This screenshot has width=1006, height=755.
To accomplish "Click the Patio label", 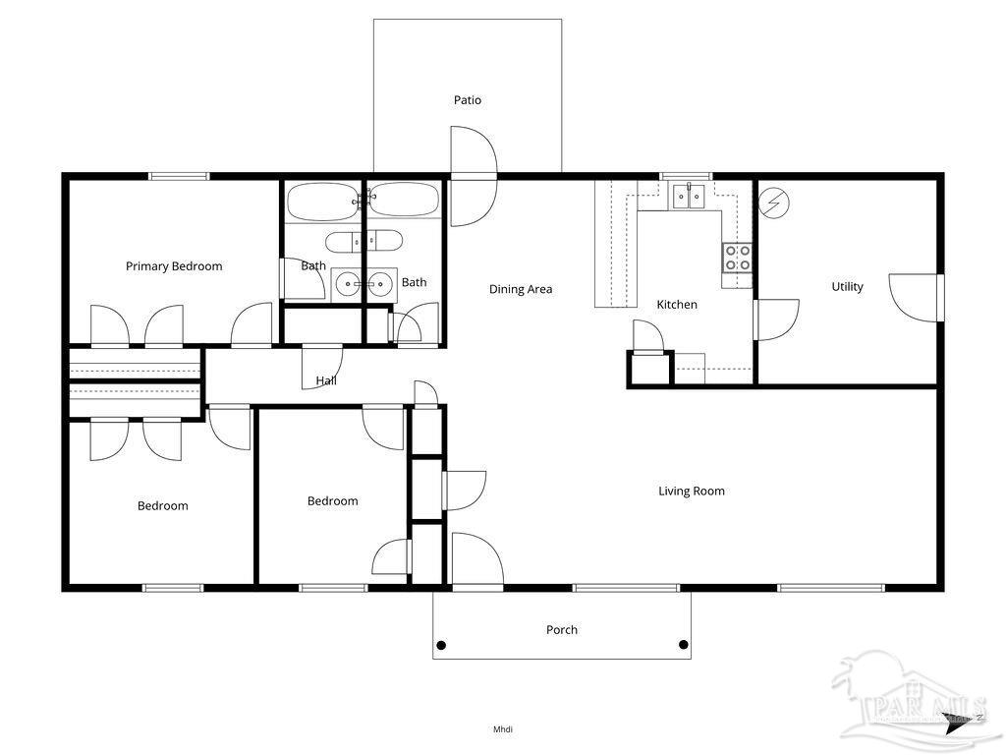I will point(468,100).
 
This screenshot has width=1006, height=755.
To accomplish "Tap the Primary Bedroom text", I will point(174,266).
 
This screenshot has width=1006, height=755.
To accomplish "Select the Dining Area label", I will point(521,289).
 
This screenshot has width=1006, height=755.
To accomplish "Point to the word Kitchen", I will point(677,305).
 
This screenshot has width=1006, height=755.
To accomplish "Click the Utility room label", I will point(847,287).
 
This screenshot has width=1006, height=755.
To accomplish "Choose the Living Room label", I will point(692,491).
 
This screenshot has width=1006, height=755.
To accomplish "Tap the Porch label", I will point(562,629).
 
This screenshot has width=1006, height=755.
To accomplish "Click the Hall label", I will point(326,380).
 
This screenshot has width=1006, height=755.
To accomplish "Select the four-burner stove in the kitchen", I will point(738,258).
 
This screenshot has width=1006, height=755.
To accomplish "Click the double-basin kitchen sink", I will point(689,197).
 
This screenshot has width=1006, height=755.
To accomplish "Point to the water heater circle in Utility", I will point(774,203).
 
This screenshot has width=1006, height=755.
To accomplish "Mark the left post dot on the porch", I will point(441,645).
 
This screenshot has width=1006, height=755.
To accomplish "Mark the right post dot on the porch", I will point(683,645).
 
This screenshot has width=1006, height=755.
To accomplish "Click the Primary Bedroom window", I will point(179,177).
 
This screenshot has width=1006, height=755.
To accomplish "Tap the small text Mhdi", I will point(503,729).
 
